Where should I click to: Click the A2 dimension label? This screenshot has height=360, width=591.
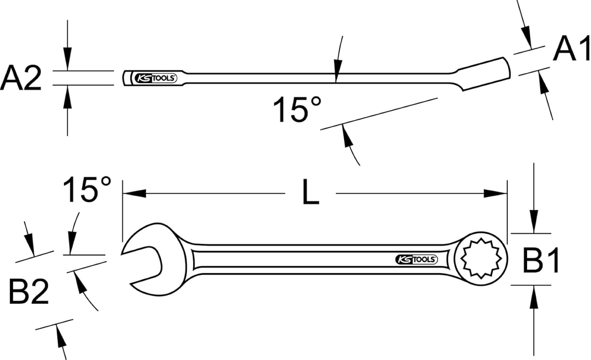point(21,78)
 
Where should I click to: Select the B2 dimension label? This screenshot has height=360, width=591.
point(29,291)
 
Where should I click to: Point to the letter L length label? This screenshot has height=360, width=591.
point(310,192)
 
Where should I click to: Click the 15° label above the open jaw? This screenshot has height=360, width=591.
point(87,189)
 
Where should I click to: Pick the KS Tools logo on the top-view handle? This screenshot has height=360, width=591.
point(416,259)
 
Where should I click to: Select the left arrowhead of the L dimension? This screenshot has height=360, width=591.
point(134,193)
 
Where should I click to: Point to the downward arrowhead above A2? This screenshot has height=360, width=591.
point(68,59)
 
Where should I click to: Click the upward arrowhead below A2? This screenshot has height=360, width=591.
point(68,97)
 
